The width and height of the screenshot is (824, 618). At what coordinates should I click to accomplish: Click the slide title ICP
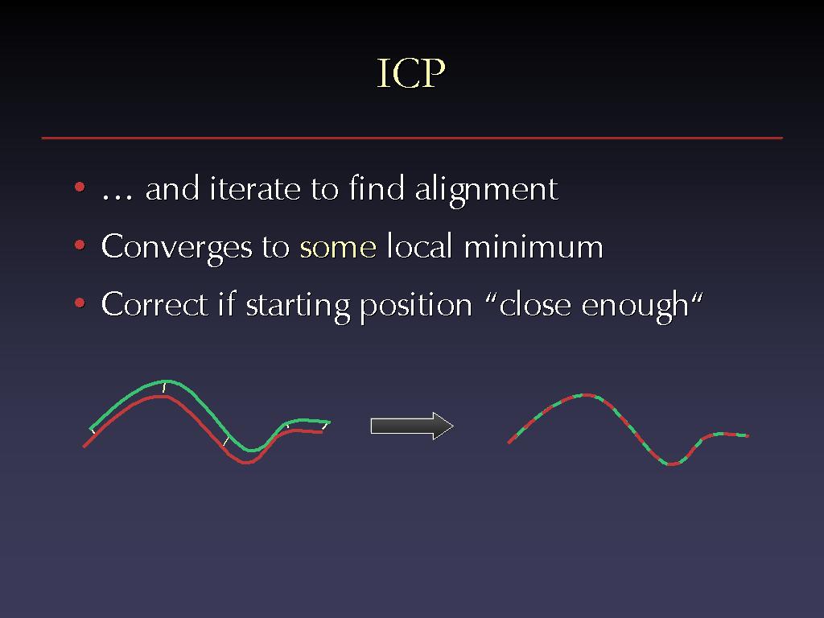point(411,72)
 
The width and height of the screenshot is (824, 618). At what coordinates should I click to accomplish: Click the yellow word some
point(338,247)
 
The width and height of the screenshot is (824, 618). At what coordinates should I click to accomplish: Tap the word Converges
point(176,248)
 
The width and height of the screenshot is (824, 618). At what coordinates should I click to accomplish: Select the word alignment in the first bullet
point(486,189)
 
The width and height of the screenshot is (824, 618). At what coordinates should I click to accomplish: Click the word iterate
point(255,188)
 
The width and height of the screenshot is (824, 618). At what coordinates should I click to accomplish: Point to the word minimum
point(534,246)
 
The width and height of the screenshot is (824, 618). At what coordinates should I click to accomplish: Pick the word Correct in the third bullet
point(154,304)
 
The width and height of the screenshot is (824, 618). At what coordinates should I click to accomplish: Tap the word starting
point(298,306)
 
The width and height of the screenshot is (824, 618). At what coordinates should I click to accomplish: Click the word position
point(416,306)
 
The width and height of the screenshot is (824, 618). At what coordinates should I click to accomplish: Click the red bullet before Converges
point(80,245)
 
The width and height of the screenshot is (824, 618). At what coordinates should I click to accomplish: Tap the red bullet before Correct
point(80,303)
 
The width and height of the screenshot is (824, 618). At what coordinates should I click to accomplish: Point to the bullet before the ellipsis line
point(80,187)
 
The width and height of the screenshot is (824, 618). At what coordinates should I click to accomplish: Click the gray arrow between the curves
point(411,426)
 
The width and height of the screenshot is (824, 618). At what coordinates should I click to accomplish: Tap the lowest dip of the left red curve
point(246,463)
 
